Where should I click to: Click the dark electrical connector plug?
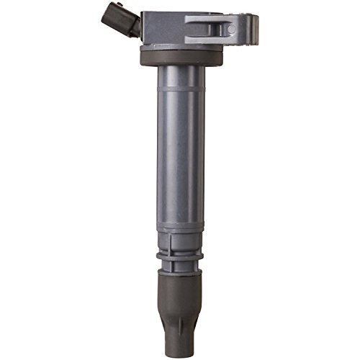pos(122,20)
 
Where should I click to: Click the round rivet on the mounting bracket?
pos(231,30)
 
